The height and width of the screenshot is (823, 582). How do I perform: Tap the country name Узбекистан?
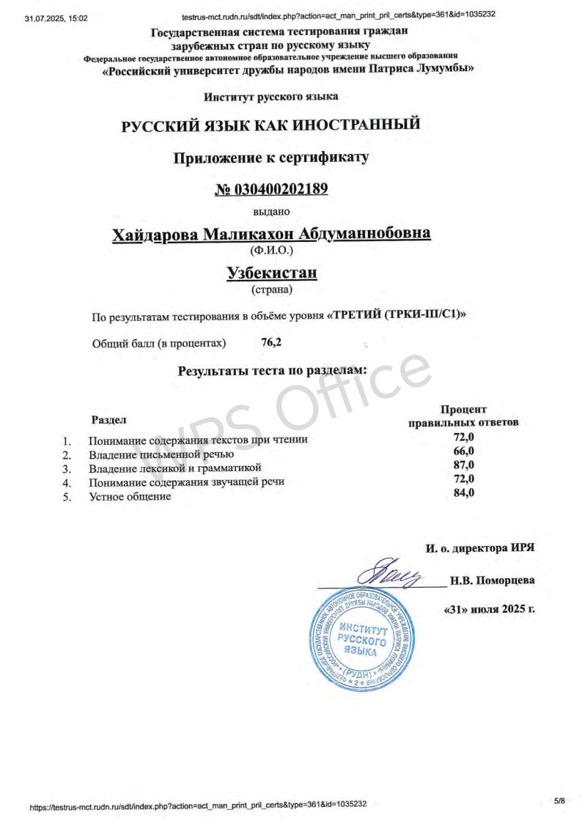271,273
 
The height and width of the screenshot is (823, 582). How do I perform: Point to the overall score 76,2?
271,342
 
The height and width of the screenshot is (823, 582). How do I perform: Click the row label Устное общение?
130,496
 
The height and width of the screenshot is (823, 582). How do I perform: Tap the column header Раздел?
108,420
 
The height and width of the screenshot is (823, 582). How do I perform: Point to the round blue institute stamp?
360,637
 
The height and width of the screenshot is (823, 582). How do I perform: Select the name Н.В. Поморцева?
492,581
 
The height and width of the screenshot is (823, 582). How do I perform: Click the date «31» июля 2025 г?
489,609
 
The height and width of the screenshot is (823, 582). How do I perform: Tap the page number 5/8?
560,801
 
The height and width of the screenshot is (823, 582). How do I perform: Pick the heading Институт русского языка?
271,96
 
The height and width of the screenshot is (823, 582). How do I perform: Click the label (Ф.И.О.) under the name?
271,250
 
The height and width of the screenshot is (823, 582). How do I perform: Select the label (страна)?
271,289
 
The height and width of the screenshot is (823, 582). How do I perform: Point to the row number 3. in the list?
66,468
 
